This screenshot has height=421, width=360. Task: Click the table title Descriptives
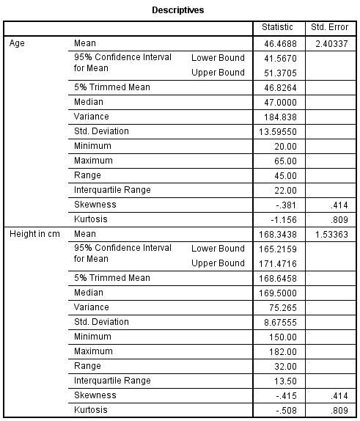(x=178, y=11)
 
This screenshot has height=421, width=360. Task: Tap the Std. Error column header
(x=328, y=28)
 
